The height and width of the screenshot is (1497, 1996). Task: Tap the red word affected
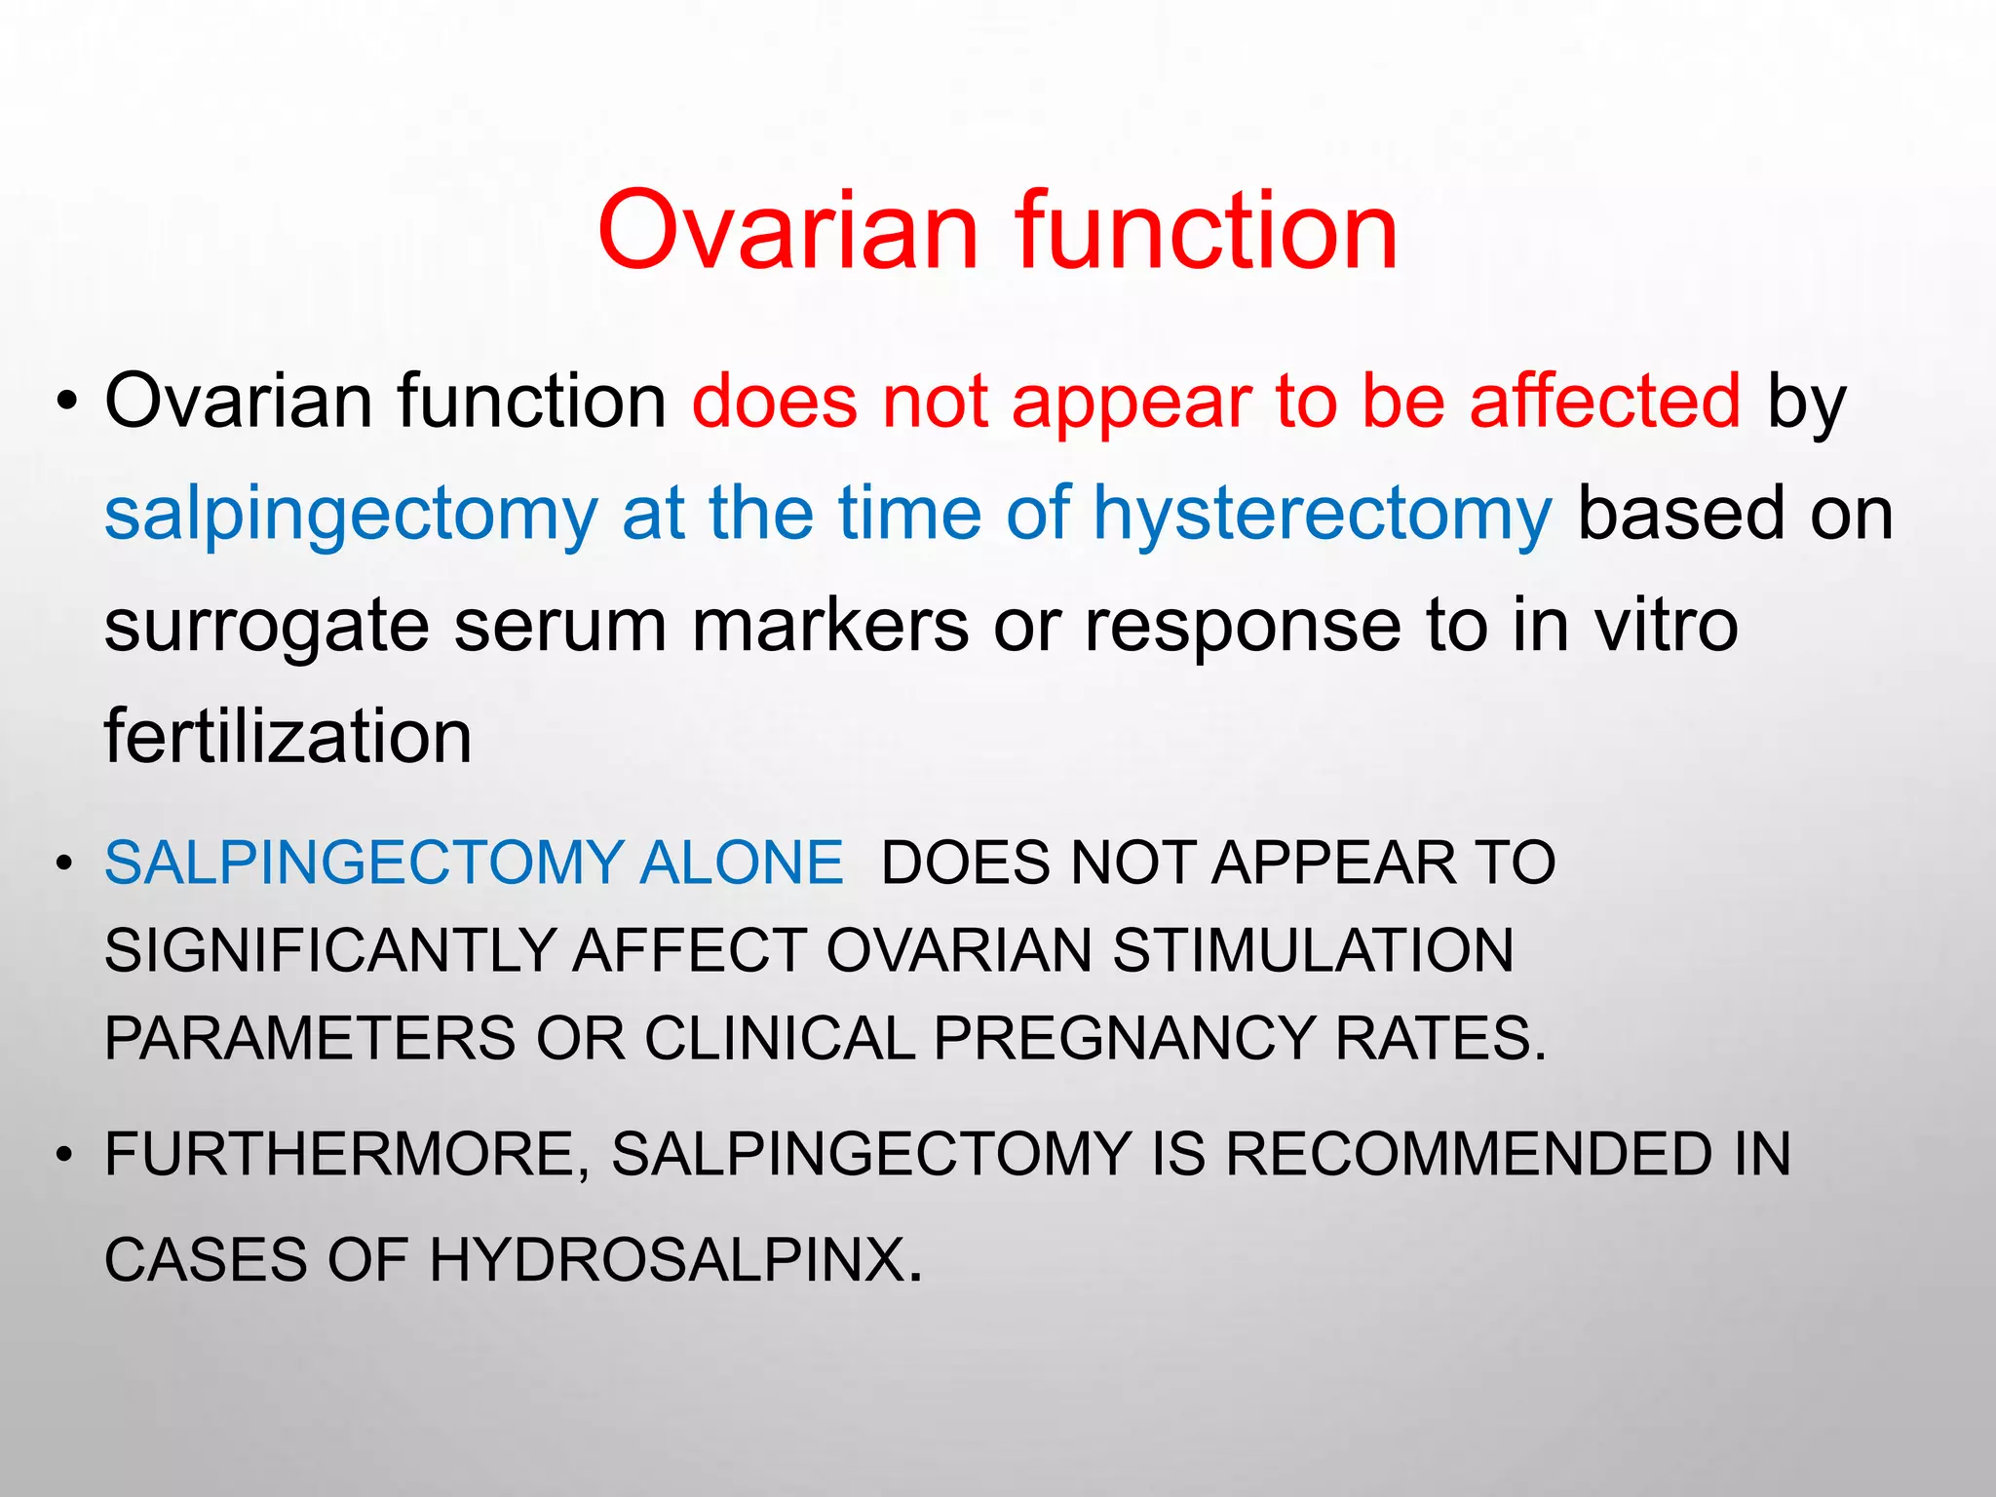1604,401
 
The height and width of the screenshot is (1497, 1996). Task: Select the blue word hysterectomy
1322,514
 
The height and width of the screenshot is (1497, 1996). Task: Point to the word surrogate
266,627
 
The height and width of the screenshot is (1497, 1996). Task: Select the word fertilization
288,737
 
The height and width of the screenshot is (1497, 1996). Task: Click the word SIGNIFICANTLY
329,950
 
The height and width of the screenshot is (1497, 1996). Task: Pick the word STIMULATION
1313,950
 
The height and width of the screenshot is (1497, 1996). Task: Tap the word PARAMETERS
309,1038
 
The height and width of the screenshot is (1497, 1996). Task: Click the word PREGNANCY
1124,1038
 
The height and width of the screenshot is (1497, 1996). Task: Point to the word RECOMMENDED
1469,1154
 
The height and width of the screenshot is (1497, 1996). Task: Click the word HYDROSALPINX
668,1260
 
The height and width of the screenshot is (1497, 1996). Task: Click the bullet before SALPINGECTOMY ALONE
64,864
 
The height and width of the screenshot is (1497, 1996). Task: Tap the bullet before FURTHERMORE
64,1155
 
